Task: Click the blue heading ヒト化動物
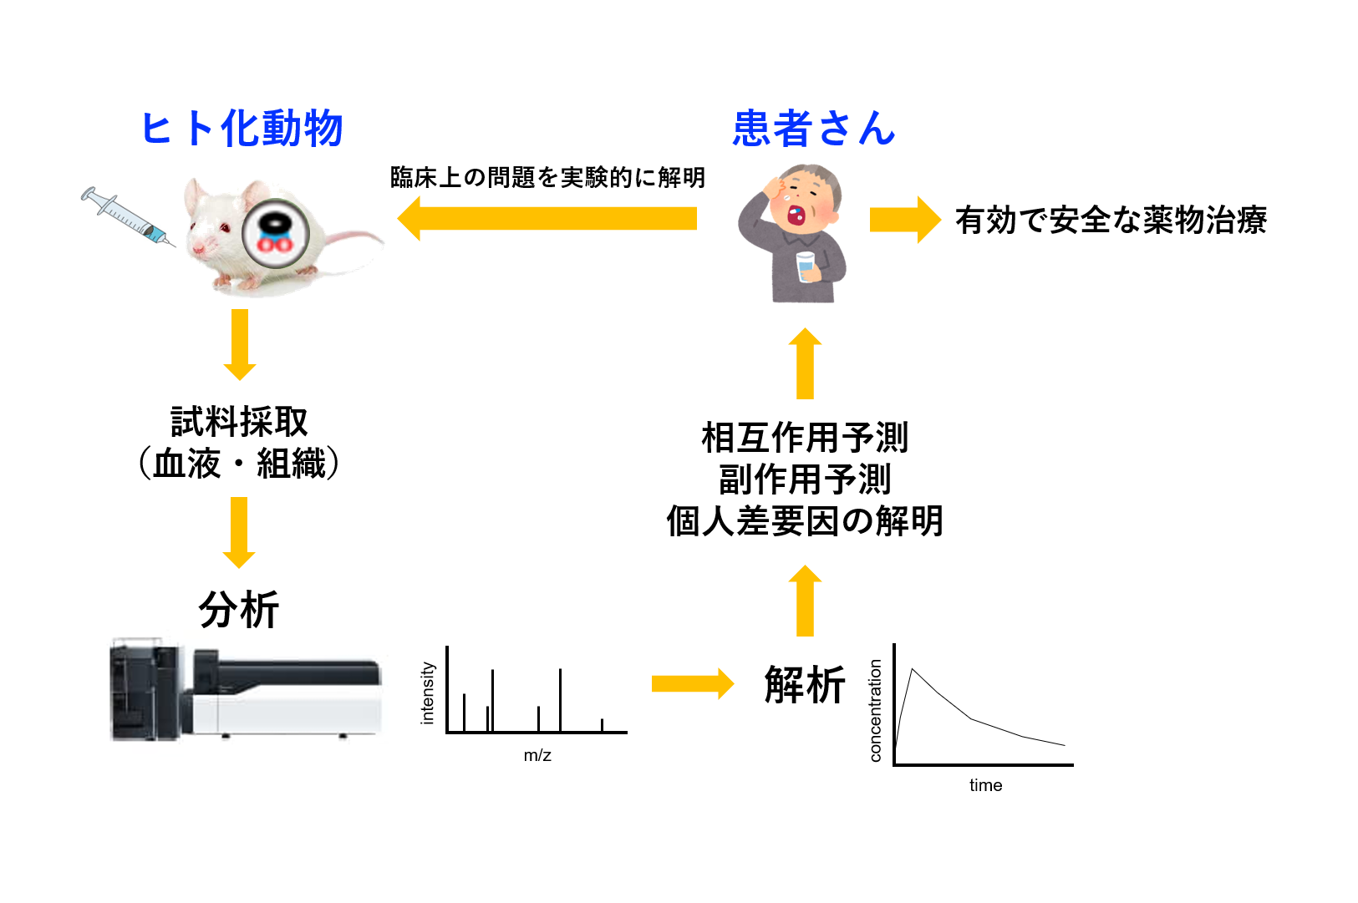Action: pyautogui.click(x=242, y=129)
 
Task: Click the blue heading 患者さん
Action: pyautogui.click(x=813, y=129)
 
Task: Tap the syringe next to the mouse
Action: pyautogui.click(x=127, y=216)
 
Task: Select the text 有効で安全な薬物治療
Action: pyautogui.click(x=1111, y=221)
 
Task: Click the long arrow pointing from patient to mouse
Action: pyautogui.click(x=547, y=218)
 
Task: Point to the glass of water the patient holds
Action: pyautogui.click(x=806, y=266)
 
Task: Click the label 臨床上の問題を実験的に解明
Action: pyautogui.click(x=547, y=177)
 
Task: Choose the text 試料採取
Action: pyautogui.click(x=239, y=422)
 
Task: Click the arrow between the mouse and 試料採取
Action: pyautogui.click(x=240, y=343)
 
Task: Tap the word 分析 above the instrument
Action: pyautogui.click(x=239, y=610)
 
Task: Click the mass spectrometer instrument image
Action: pyautogui.click(x=247, y=691)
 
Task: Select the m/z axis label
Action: pyautogui.click(x=537, y=755)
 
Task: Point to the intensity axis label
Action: pyautogui.click(x=428, y=692)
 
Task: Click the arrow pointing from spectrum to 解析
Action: pyautogui.click(x=692, y=684)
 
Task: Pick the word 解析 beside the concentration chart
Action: pyautogui.click(x=805, y=685)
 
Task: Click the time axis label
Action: pyautogui.click(x=985, y=785)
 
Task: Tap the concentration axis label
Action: pyautogui.click(x=875, y=710)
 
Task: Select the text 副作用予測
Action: pyautogui.click(x=805, y=479)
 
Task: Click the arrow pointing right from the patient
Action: pyautogui.click(x=905, y=220)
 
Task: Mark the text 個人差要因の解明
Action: pyautogui.click(x=805, y=521)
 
